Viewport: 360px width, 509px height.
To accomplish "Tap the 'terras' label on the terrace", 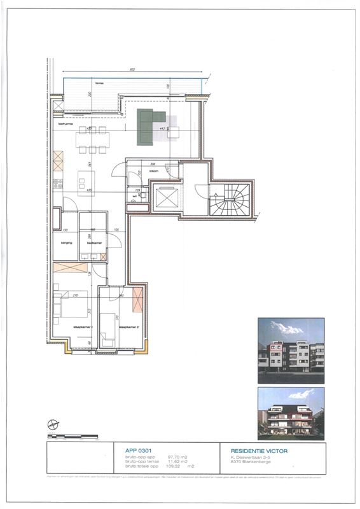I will [x=99, y=83].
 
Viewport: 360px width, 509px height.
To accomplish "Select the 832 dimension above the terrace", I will [x=132, y=69].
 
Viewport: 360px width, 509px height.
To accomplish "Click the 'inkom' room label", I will [x=153, y=171].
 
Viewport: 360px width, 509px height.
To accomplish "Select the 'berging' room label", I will [x=67, y=242].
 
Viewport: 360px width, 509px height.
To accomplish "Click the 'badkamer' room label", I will [x=94, y=242].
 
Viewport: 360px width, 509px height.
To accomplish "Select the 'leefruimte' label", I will [x=67, y=124].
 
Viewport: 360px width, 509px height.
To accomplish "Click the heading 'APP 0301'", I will [x=136, y=450].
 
